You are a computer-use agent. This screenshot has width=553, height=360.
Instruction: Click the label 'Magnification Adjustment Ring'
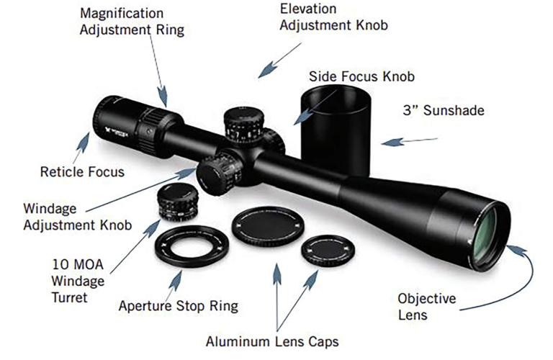(132, 22)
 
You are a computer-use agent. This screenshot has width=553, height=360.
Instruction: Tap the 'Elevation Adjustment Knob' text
(333, 17)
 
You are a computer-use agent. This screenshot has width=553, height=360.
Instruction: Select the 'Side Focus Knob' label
(361, 76)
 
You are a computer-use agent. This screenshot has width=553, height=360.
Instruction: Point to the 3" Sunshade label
(443, 111)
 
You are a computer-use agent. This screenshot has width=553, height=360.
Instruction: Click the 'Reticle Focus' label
(83, 172)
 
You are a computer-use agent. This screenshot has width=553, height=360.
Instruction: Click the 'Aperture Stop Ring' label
(178, 306)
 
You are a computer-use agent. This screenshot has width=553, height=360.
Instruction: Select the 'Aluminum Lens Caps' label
(271, 341)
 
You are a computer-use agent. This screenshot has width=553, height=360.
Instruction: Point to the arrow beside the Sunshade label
(399, 142)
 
